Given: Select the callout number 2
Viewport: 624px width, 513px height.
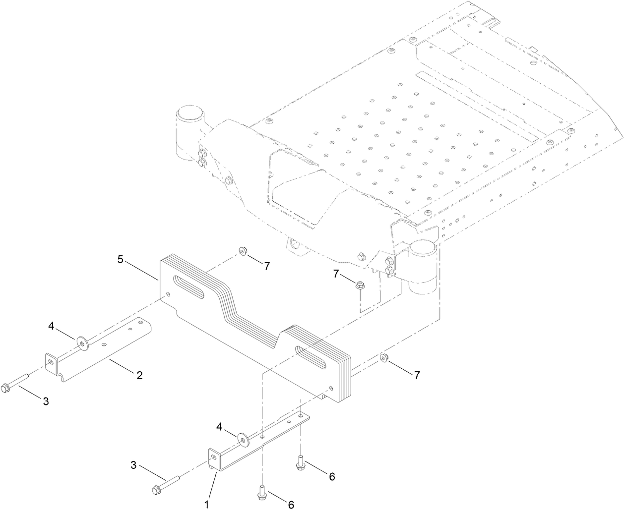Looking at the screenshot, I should pyautogui.click(x=139, y=375).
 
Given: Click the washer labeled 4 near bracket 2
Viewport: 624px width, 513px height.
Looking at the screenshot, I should pyautogui.click(x=81, y=342).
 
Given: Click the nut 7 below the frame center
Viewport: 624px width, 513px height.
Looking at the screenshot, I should pyautogui.click(x=359, y=284).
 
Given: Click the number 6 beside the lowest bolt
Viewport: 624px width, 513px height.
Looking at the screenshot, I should pyautogui.click(x=291, y=505).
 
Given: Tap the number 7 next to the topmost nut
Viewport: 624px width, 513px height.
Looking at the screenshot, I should pyautogui.click(x=267, y=266).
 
